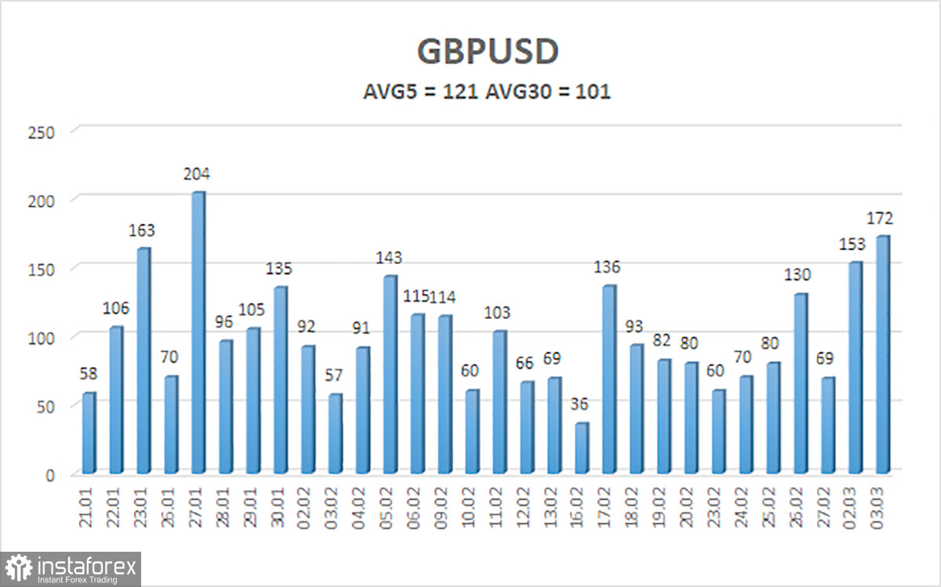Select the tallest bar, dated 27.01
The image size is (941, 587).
[198, 333]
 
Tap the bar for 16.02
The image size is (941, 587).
[582, 448]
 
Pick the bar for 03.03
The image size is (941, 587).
[883, 355]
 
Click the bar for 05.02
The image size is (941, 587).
[391, 375]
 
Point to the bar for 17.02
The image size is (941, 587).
[609, 379]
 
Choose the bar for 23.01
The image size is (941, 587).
[144, 361]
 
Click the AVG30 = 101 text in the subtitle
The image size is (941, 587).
[548, 92]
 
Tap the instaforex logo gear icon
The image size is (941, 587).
[18, 568]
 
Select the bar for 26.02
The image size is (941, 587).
[801, 384]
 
